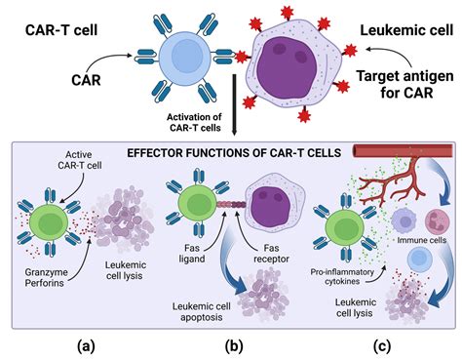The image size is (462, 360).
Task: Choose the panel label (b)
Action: [x=234, y=343]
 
